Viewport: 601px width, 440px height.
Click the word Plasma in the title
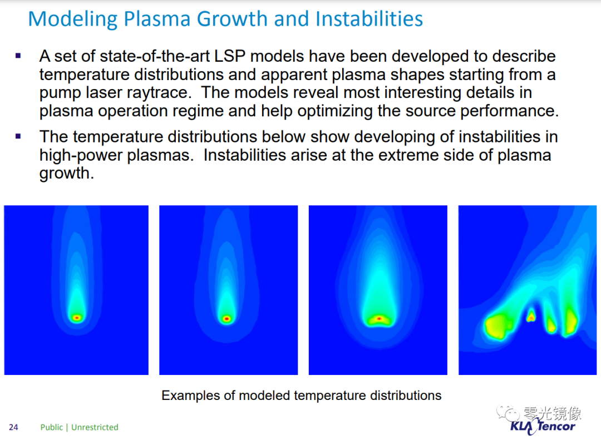(157, 19)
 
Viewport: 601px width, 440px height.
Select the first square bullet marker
(18, 56)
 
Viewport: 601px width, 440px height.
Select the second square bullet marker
(18, 136)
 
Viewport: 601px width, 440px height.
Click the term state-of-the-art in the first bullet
(155, 56)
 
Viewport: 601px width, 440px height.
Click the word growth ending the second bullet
(66, 173)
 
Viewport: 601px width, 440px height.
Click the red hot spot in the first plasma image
(77, 318)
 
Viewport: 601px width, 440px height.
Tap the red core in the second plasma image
(227, 319)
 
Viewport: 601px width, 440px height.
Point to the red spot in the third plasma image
(379, 319)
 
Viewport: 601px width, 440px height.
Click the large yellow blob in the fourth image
(497, 326)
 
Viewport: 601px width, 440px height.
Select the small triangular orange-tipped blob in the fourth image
(531, 315)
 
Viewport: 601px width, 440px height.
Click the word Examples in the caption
(191, 395)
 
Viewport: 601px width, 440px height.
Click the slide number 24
(13, 427)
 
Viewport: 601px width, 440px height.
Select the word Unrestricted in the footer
(95, 427)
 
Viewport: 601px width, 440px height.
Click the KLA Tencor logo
(543, 426)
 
